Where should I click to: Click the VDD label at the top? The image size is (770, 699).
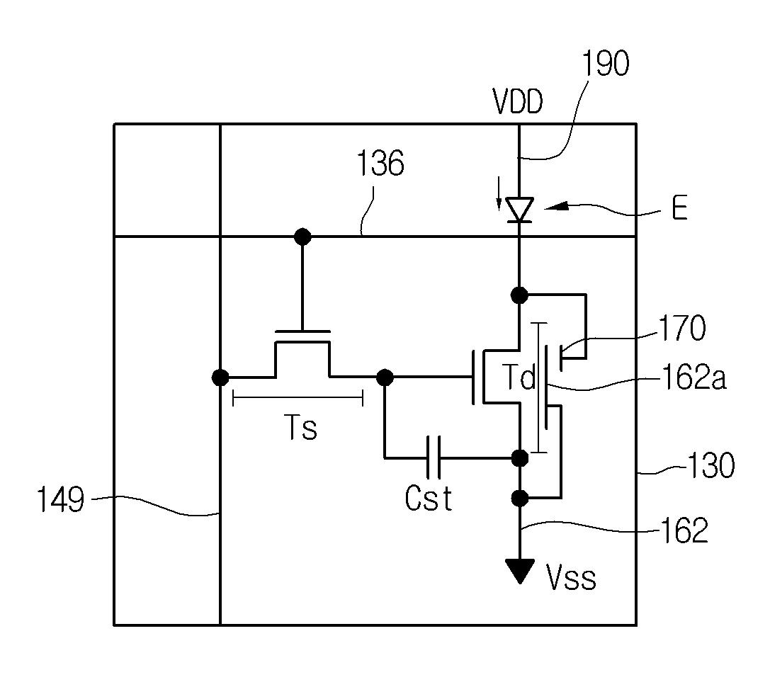(518, 102)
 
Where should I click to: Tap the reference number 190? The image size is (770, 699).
(605, 63)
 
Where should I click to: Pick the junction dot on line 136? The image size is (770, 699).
(302, 237)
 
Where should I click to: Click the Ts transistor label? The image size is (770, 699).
(300, 427)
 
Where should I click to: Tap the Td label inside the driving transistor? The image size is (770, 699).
(519, 377)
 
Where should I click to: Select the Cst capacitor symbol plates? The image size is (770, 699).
(434, 457)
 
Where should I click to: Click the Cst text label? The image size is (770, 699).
(429, 499)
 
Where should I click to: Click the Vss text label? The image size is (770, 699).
(571, 577)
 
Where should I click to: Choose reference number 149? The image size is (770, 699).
(61, 500)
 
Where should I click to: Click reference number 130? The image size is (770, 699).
(711, 465)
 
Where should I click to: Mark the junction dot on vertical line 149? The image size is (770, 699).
(220, 377)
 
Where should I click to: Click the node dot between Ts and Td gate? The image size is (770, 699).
(385, 377)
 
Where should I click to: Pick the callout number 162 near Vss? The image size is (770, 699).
(685, 530)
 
